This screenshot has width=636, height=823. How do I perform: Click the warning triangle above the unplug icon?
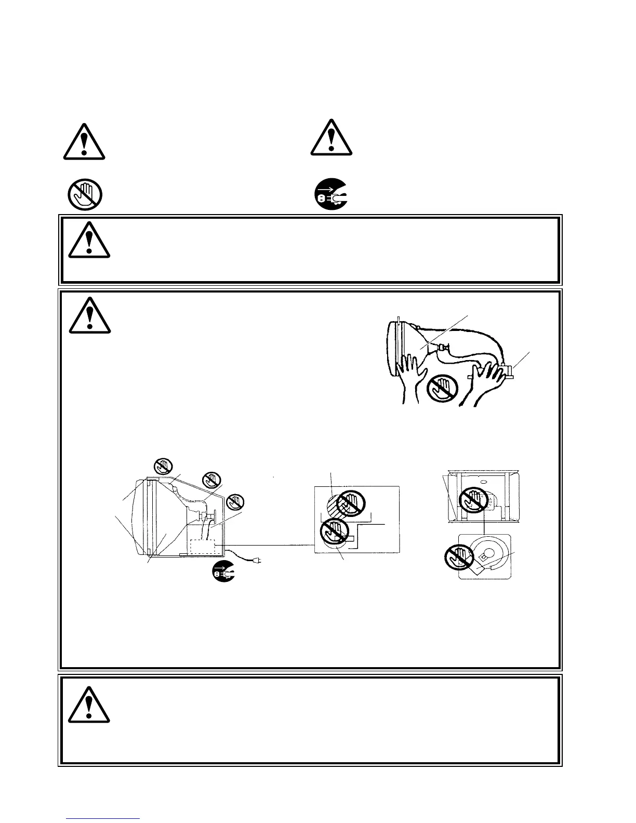(x=332, y=138)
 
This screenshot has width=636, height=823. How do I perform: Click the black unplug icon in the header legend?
(x=331, y=195)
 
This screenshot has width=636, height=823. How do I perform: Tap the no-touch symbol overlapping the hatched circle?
(x=352, y=504)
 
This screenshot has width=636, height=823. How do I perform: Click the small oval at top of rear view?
(x=483, y=482)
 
